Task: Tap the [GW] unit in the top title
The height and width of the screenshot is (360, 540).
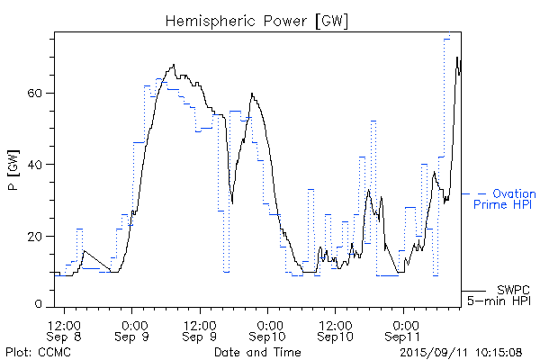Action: click(329, 20)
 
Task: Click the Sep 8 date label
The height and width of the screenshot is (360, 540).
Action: click(66, 335)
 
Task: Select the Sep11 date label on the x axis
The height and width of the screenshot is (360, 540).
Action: click(404, 335)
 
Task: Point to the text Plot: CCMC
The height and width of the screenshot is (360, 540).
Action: click(32, 350)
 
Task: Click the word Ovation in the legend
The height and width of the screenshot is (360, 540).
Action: click(514, 193)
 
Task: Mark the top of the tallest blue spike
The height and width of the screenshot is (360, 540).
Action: click(447, 38)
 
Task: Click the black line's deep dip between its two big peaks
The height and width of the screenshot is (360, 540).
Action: click(232, 203)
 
